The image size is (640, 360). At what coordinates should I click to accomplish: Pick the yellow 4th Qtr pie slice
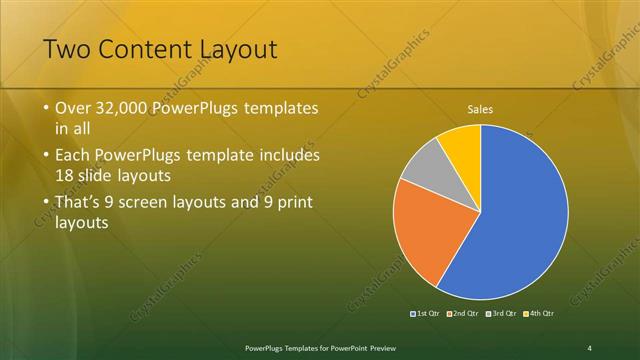click(463, 142)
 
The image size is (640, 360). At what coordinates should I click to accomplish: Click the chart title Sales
click(480, 110)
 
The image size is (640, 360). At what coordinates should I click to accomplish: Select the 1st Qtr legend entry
click(426, 313)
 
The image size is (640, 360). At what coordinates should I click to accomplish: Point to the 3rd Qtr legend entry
click(501, 313)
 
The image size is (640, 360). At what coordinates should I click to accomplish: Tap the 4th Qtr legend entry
click(537, 313)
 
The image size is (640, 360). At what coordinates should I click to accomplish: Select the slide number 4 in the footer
click(589, 347)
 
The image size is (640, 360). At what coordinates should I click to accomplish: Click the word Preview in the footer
click(376, 347)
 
